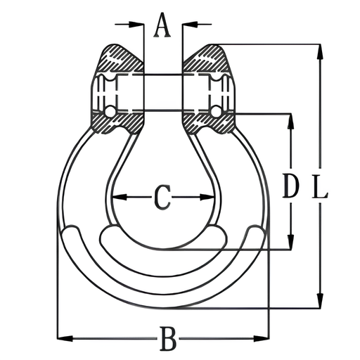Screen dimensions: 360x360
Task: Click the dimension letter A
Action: [162, 25]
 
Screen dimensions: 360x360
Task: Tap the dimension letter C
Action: [162, 198]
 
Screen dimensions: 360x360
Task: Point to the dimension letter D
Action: [291, 185]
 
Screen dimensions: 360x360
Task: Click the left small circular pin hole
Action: [110, 111]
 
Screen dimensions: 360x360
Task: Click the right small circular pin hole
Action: [216, 111]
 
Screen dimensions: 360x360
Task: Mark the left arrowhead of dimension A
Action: [136, 24]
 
